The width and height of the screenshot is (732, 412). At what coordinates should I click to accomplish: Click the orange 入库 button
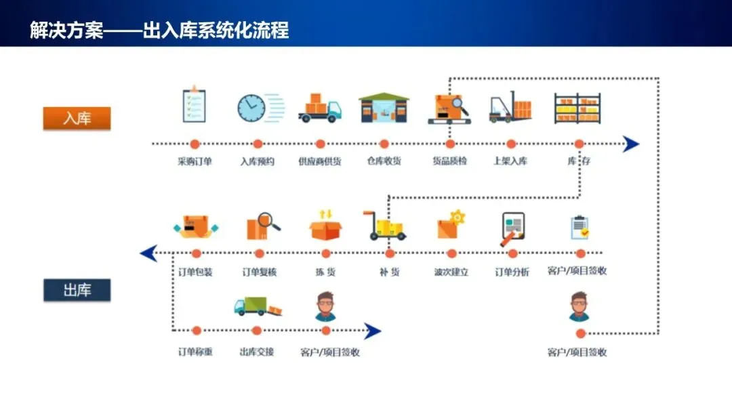click(77, 119)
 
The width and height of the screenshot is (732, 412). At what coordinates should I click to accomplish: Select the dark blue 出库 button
click(77, 291)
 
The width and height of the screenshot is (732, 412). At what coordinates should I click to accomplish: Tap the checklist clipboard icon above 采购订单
click(194, 105)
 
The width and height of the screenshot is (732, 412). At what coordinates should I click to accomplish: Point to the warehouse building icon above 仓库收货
click(384, 107)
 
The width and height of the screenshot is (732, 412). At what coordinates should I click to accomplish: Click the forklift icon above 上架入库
click(510, 108)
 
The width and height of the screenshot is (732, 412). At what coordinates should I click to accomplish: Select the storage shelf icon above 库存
click(577, 108)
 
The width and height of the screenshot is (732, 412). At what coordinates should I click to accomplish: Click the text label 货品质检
click(449, 161)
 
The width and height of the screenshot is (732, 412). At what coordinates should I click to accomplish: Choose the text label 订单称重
click(195, 352)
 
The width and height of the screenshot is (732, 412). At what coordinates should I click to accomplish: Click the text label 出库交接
click(256, 352)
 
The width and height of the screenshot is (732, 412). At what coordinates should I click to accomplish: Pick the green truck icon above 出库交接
click(256, 307)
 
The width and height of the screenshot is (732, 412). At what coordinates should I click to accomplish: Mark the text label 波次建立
click(451, 272)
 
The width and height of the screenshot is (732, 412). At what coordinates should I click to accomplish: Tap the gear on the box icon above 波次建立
click(458, 217)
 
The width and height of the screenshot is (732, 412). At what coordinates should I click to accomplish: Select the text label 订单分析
click(512, 272)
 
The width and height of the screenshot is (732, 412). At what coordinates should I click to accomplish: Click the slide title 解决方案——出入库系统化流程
click(159, 30)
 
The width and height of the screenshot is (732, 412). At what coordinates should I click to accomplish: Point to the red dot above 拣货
click(325, 253)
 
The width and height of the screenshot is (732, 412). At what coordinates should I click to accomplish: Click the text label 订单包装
click(195, 272)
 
